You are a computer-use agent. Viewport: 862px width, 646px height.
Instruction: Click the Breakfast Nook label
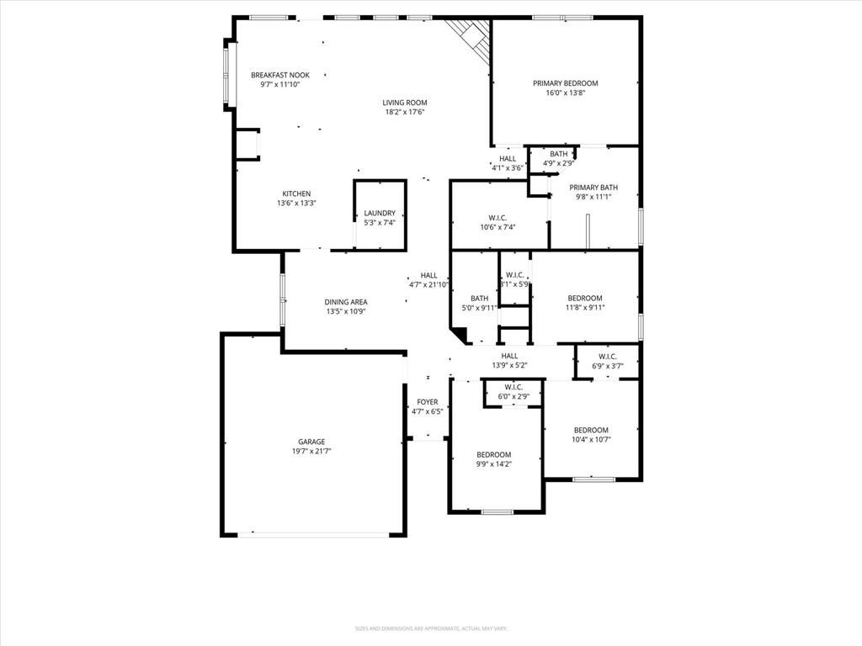point(279,75)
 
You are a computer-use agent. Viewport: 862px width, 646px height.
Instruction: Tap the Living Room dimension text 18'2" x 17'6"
point(405,112)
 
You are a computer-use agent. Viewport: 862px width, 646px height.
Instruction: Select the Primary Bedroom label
point(565,83)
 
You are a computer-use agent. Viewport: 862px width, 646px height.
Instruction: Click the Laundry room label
point(380,214)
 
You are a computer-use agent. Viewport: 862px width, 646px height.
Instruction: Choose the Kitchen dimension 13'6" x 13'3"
point(296,203)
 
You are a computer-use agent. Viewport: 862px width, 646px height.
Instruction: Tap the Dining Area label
point(346,302)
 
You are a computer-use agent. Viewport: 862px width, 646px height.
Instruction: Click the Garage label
point(311,442)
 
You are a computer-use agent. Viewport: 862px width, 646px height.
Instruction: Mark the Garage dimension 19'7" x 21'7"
point(311,451)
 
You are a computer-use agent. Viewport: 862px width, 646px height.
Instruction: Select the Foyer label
point(427,402)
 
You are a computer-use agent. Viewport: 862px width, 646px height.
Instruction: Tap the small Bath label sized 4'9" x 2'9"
point(559,154)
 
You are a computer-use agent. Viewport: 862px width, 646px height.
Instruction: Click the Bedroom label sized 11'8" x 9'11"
point(584,298)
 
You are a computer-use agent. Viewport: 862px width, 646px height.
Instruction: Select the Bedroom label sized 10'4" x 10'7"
point(590,430)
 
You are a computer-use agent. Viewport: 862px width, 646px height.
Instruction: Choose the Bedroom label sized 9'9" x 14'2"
point(493,454)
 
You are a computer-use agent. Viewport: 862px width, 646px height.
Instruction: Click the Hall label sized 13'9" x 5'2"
point(509,356)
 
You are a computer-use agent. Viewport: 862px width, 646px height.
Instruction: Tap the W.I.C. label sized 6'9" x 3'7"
point(608,357)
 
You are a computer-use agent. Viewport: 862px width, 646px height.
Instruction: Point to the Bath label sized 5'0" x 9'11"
point(479,299)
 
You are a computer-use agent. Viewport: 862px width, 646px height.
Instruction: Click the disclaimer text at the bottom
point(430,628)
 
